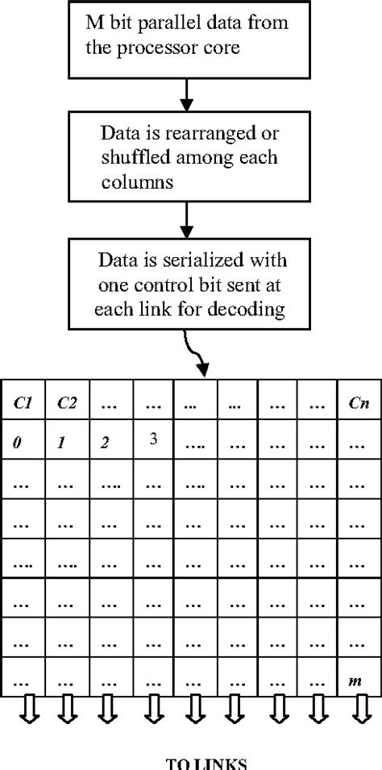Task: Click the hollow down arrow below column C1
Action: click(23, 710)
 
